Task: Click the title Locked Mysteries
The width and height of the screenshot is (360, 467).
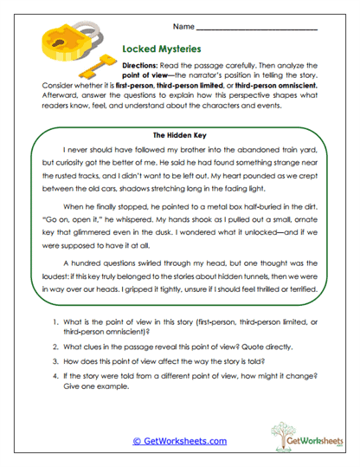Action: coord(163,50)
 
